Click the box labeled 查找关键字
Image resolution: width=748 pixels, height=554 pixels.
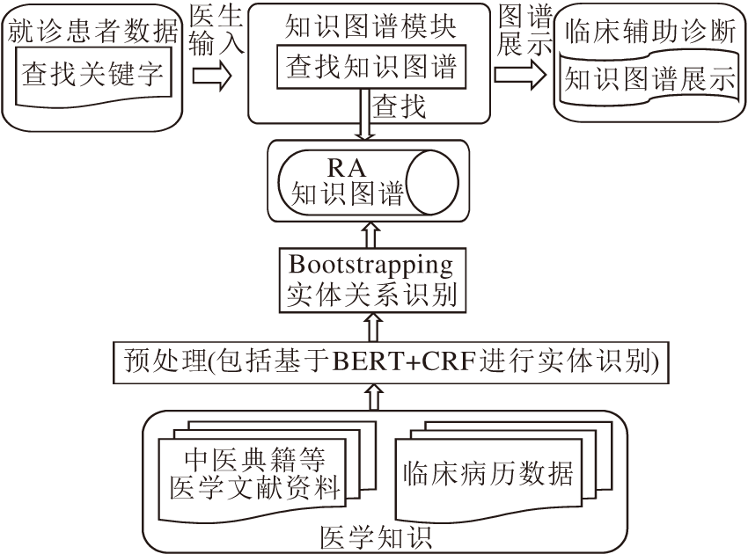(92, 74)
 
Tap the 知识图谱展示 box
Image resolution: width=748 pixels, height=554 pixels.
(649, 80)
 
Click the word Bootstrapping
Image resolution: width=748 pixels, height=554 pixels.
(370, 263)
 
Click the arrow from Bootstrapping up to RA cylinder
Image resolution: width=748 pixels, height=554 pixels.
(370, 235)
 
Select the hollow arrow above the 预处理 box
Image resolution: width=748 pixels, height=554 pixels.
(370, 329)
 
